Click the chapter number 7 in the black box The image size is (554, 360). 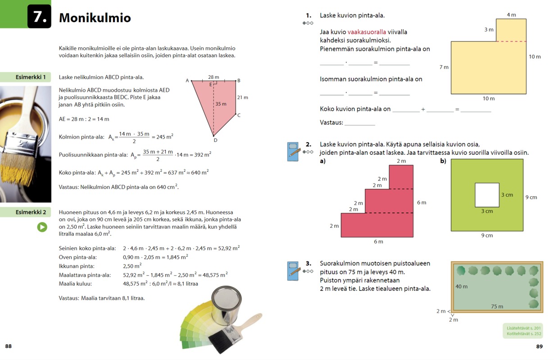(40, 17)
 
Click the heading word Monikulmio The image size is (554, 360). (95, 18)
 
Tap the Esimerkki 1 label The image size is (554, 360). (31, 77)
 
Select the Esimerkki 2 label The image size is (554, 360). (31, 212)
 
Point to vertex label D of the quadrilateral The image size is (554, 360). (215, 140)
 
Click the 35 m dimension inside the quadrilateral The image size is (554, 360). (221, 104)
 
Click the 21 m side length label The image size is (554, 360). (243, 97)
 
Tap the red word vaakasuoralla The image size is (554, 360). (367, 32)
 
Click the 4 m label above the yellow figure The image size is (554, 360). (511, 15)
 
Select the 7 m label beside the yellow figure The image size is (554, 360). (444, 67)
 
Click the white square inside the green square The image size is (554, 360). (487, 195)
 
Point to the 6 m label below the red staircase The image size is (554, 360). (378, 242)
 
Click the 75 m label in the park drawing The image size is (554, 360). (497, 306)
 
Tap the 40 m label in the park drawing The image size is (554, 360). (462, 286)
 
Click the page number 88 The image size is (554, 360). (9, 346)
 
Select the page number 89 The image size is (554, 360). (540, 346)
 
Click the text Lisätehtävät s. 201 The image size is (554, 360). (523, 328)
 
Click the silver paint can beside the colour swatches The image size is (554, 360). (226, 305)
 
